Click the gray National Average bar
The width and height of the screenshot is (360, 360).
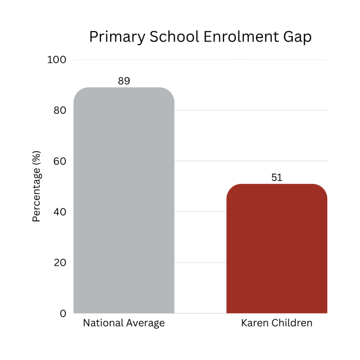(124, 200)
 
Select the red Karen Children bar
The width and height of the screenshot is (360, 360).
(277, 249)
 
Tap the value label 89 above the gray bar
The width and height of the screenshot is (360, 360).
(124, 81)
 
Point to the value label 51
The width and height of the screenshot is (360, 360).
(277, 178)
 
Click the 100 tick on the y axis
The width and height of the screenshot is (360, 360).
(57, 60)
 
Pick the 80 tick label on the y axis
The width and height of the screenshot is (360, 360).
(60, 111)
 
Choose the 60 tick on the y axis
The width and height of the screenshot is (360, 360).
(60, 161)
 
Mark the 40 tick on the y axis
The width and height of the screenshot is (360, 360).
(60, 212)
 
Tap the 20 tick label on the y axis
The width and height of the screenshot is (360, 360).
(60, 263)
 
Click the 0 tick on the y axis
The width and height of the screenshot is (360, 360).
(63, 313)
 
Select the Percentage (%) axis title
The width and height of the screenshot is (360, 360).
(37, 186)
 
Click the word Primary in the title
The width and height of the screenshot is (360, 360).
(117, 37)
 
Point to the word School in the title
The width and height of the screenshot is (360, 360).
(175, 36)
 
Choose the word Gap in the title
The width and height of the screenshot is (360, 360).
(298, 37)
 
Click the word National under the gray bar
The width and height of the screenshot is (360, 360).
(103, 323)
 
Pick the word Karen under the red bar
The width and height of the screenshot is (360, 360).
(255, 323)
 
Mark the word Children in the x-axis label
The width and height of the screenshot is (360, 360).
(292, 323)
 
